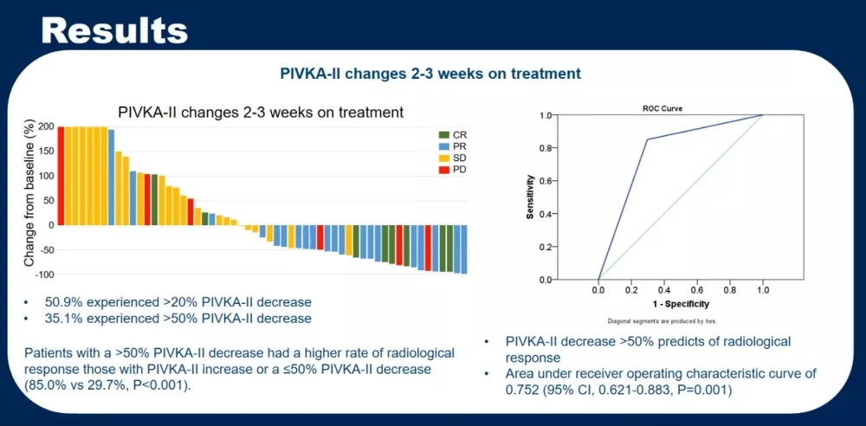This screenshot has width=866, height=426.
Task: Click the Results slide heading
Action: click(x=114, y=30)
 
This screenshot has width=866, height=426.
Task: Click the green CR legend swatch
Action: click(x=444, y=135)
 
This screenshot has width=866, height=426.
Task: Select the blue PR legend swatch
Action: click(x=444, y=147)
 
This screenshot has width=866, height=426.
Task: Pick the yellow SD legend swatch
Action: click(x=444, y=158)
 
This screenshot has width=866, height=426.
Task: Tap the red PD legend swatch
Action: click(x=444, y=171)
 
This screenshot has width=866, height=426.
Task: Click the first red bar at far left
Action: click(x=61, y=176)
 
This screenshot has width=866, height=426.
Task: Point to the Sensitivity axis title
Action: click(x=529, y=197)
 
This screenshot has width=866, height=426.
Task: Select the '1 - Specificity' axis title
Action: click(x=680, y=304)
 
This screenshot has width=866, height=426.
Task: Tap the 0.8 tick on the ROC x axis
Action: click(x=729, y=291)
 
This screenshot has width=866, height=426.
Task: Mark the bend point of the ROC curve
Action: click(x=647, y=139)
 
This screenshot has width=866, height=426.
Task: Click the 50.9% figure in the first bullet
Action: click(x=62, y=302)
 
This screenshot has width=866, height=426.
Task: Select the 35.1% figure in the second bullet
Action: click(x=62, y=319)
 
